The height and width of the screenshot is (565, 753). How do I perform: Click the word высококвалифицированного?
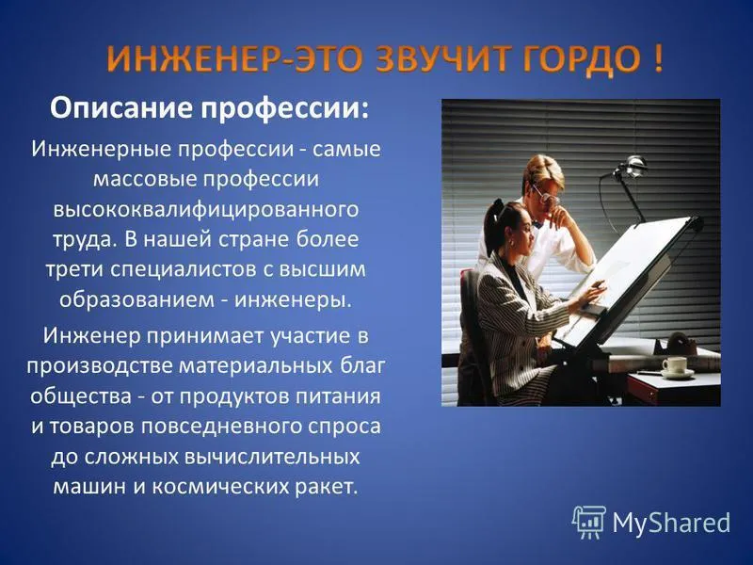pos(206,210)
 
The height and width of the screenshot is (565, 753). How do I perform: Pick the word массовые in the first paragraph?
pos(145,179)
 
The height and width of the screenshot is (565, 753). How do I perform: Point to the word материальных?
pos(255,366)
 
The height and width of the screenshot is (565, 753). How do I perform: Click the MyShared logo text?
pos(671,523)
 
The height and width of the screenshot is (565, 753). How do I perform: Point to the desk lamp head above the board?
pos(631,166)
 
